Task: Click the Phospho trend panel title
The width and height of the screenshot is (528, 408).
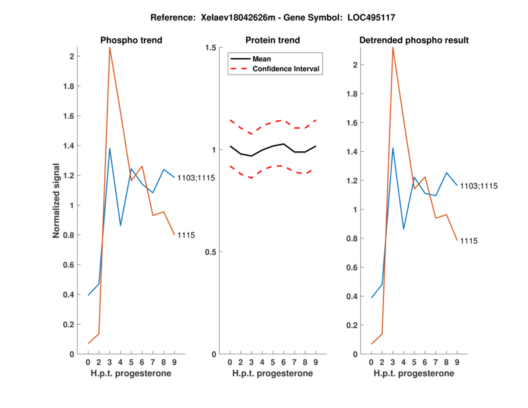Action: [131, 40]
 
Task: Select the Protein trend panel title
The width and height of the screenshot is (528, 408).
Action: [273, 40]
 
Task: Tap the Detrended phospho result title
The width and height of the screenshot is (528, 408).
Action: [414, 40]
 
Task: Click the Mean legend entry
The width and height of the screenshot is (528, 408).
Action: [262, 59]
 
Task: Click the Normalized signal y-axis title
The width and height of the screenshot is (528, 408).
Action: [57, 201]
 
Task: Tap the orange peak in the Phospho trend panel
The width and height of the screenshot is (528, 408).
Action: [110, 48]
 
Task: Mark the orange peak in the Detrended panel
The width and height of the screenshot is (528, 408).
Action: [393, 48]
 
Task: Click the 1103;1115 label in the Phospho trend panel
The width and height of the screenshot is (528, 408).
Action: [196, 178]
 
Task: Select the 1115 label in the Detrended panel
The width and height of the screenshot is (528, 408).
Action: [469, 241]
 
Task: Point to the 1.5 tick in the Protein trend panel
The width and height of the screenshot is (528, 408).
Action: [211, 48]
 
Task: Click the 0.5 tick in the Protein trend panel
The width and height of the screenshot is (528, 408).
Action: [211, 252]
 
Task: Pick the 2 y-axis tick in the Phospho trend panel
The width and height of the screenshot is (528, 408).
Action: [71, 56]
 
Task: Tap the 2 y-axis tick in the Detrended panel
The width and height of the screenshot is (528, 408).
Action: [355, 65]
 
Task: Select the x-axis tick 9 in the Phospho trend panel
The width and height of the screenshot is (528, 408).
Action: [174, 362]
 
